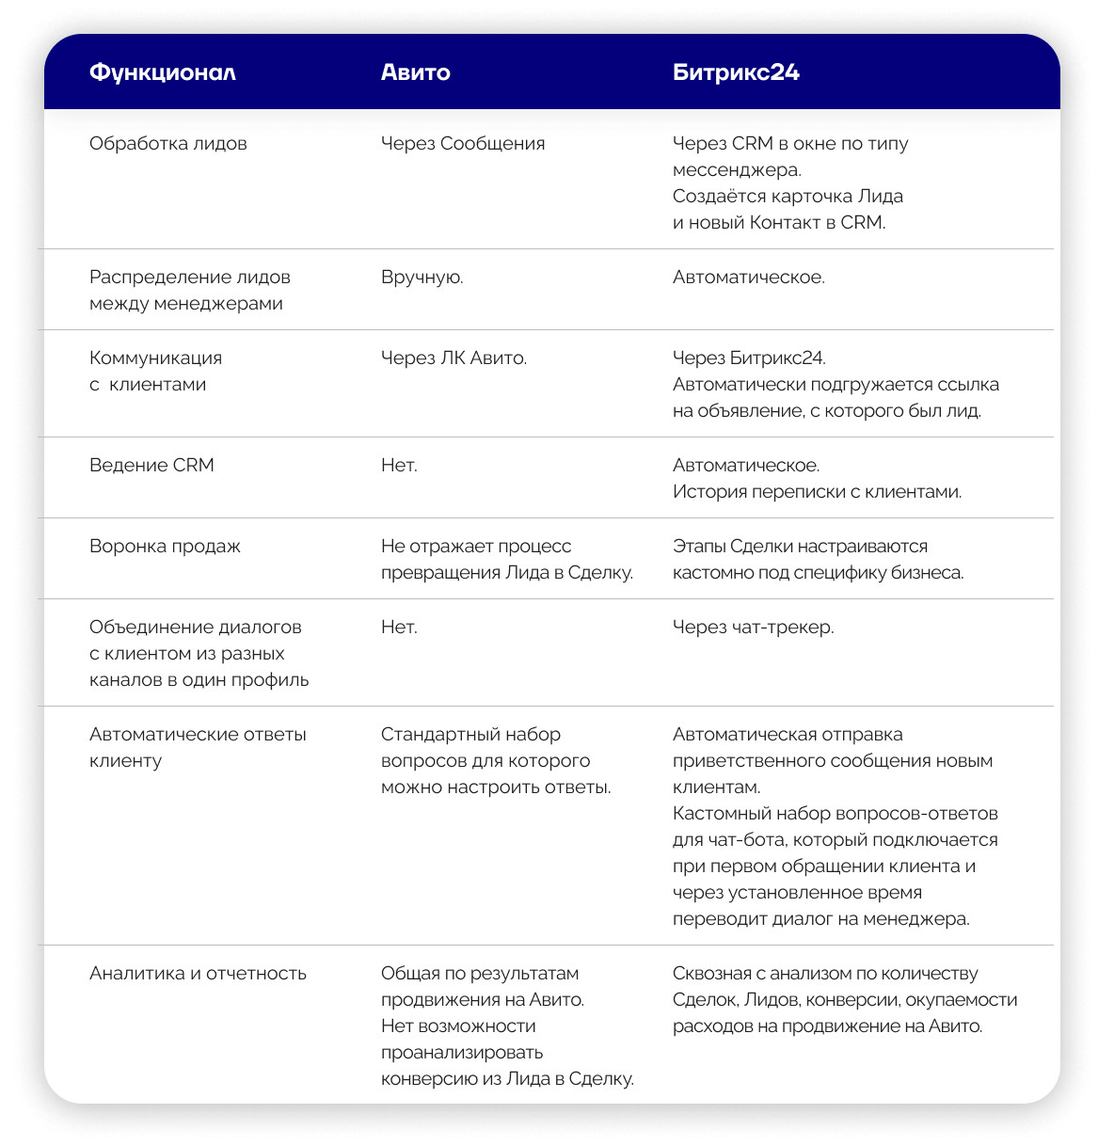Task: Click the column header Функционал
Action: point(162,72)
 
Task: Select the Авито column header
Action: point(415,72)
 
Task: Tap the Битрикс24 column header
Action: point(736,72)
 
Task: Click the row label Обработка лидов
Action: point(167,144)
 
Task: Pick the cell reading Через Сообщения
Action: point(462,144)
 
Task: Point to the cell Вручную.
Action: point(422,278)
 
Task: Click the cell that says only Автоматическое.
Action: point(748,278)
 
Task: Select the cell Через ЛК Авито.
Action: point(454,358)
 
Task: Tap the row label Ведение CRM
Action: point(151,466)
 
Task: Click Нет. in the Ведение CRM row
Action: point(399,466)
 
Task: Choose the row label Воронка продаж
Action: point(165,547)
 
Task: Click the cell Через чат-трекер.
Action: point(753,628)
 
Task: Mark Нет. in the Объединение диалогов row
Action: point(399,628)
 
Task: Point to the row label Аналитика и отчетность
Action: point(198,974)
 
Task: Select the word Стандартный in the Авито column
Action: point(428,735)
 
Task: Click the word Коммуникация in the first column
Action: point(155,358)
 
